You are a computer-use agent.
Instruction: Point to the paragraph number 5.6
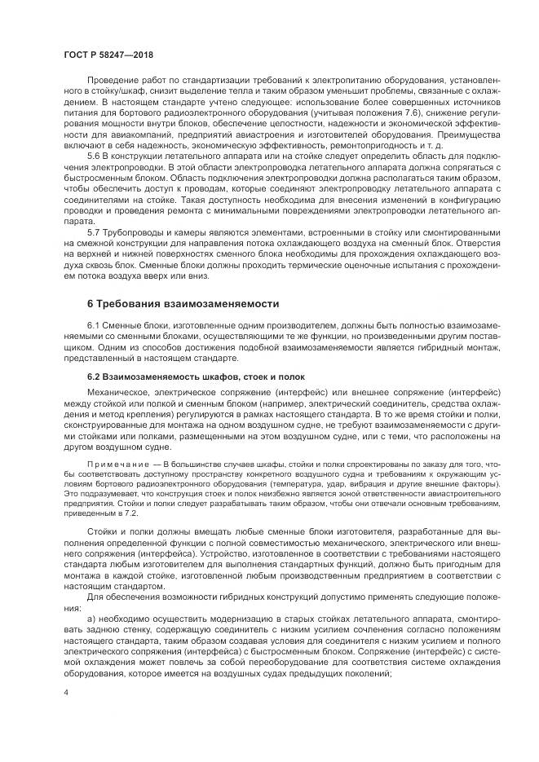coord(94,154)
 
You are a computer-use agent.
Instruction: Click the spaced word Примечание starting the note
coord(113,464)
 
